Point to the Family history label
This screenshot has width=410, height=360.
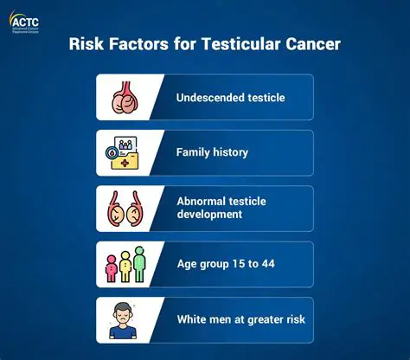(212, 152)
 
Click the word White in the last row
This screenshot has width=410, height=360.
(193, 319)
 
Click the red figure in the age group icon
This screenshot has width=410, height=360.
(111, 265)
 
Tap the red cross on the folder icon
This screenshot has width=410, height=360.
(128, 161)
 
